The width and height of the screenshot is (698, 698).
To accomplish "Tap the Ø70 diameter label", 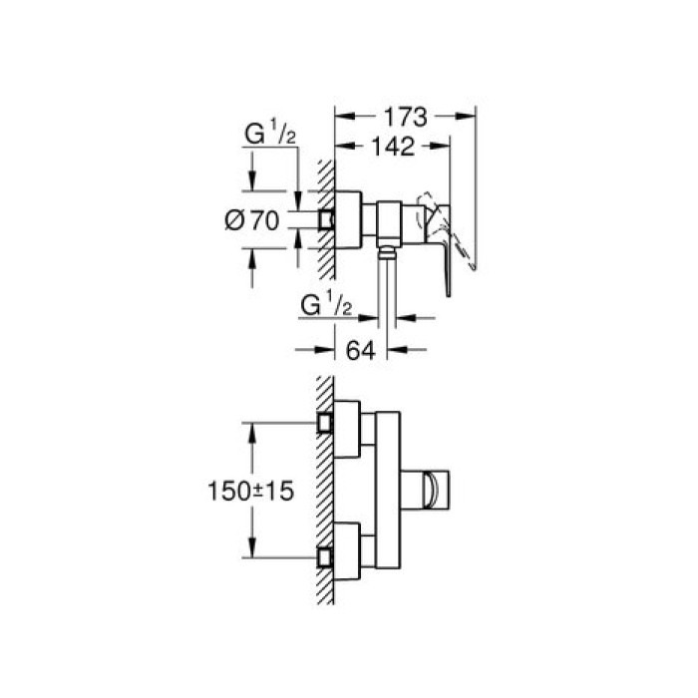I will tap(253, 222).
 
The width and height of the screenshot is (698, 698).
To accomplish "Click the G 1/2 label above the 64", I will tap(324, 304).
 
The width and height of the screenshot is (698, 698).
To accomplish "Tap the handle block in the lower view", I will tap(434, 488).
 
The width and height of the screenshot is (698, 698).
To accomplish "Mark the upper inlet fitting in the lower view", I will tap(324, 423).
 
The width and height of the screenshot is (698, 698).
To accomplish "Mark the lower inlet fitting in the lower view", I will tap(324, 555).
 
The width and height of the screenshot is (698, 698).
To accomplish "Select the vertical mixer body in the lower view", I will tap(384, 488).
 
